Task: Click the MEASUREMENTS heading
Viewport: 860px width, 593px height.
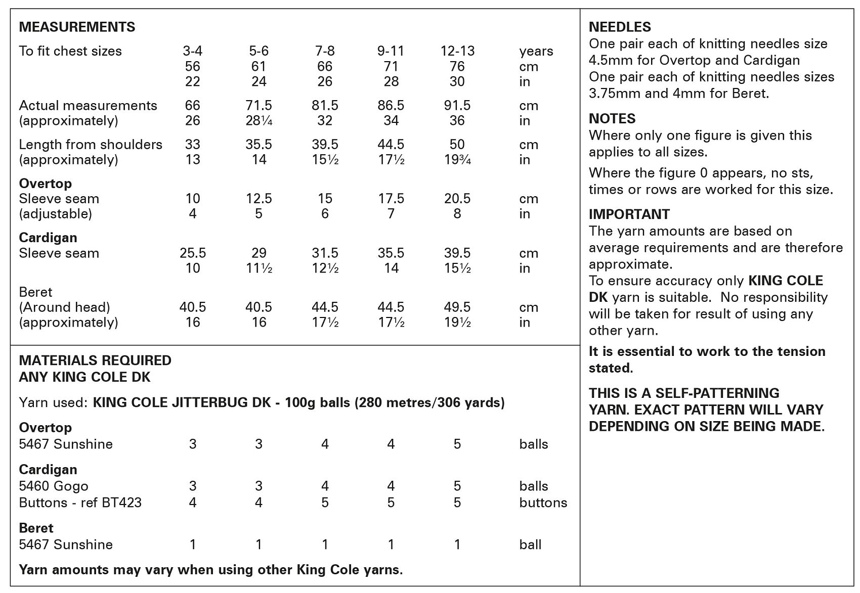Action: [x=77, y=27]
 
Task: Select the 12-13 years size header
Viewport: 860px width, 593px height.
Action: [x=457, y=51]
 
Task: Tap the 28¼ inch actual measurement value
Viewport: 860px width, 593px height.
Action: [x=259, y=121]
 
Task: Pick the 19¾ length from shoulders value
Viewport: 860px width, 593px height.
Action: [x=457, y=160]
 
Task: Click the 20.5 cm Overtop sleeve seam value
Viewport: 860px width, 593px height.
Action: [x=457, y=199]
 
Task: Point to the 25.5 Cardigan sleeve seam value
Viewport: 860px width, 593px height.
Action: [x=193, y=253]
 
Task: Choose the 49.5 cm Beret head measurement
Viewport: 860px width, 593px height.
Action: [x=457, y=307]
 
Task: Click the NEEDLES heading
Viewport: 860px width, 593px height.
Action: [x=620, y=27]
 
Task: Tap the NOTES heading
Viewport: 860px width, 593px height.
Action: [x=612, y=118]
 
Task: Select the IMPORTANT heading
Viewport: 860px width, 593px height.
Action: [x=629, y=214]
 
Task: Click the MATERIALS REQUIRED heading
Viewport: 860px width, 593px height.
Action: [x=95, y=360]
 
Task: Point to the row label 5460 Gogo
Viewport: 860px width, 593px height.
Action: [x=54, y=486]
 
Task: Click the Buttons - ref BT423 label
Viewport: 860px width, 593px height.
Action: [x=80, y=503]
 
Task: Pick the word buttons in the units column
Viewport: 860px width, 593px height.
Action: [x=543, y=503]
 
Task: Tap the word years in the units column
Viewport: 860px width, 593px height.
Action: [x=536, y=51]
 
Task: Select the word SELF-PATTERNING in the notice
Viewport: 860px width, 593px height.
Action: [x=717, y=393]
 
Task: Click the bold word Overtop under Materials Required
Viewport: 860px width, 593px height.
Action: [x=45, y=427]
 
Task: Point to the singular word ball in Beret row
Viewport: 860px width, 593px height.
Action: [x=530, y=544]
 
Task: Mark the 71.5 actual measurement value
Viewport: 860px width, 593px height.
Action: [x=259, y=105]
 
